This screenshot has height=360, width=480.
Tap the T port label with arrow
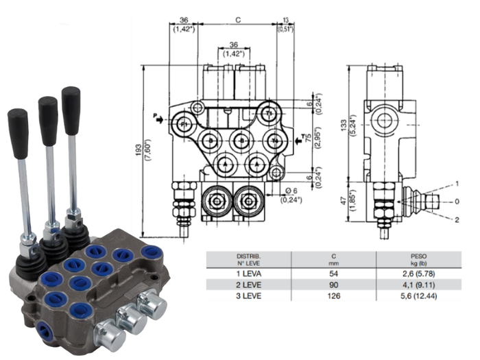(300, 140)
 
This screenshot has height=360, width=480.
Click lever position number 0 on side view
(457, 202)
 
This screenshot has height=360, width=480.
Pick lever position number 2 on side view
(457, 219)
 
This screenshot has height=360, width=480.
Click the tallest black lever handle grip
(71, 102)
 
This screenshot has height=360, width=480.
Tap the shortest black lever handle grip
(18, 124)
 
